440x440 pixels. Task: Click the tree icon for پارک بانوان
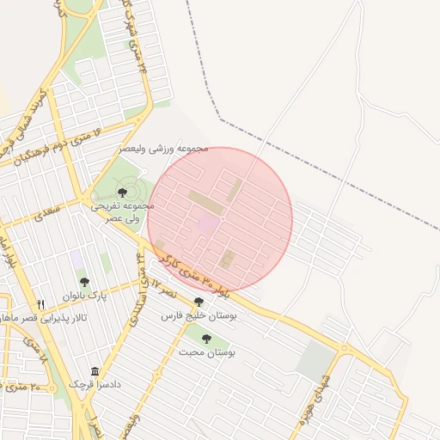84,282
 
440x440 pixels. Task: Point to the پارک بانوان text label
84,296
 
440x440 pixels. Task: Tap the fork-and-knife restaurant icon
40,304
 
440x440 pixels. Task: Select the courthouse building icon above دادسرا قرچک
94,371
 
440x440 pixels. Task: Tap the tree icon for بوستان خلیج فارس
199,302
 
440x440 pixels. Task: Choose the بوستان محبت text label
207,352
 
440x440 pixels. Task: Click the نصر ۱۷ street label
155,286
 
